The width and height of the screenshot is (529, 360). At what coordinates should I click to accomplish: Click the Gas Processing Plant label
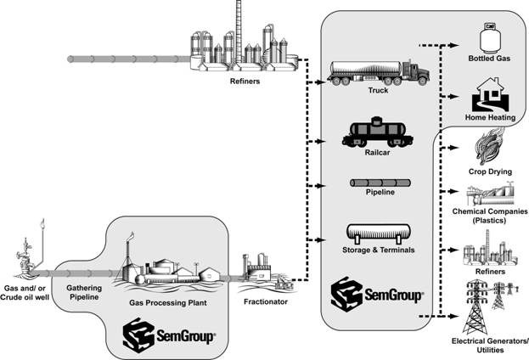pos(165,301)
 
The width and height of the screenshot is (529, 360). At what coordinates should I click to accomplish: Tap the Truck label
pos(379,89)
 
